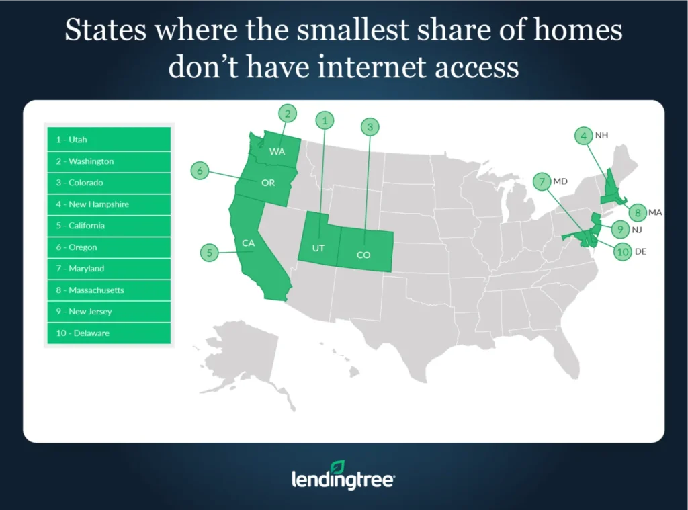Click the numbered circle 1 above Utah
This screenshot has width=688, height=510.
pyautogui.click(x=325, y=121)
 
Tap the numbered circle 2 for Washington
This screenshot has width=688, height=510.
pyautogui.click(x=288, y=114)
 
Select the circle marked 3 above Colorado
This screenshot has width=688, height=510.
pyautogui.click(x=369, y=126)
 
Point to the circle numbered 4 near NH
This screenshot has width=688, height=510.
pyautogui.click(x=584, y=136)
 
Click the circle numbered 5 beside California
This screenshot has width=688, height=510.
pyautogui.click(x=210, y=253)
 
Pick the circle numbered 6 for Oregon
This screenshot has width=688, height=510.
pyautogui.click(x=200, y=171)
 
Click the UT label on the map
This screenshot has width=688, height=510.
pyautogui.click(x=318, y=249)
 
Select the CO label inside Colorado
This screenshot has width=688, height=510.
pyautogui.click(x=363, y=255)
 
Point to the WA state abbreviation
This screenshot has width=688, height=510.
pyautogui.click(x=277, y=152)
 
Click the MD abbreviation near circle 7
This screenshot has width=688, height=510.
pyautogui.click(x=560, y=181)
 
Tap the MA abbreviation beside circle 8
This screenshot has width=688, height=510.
pyautogui.click(x=655, y=212)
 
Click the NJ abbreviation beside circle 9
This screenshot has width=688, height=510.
pyautogui.click(x=638, y=230)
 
